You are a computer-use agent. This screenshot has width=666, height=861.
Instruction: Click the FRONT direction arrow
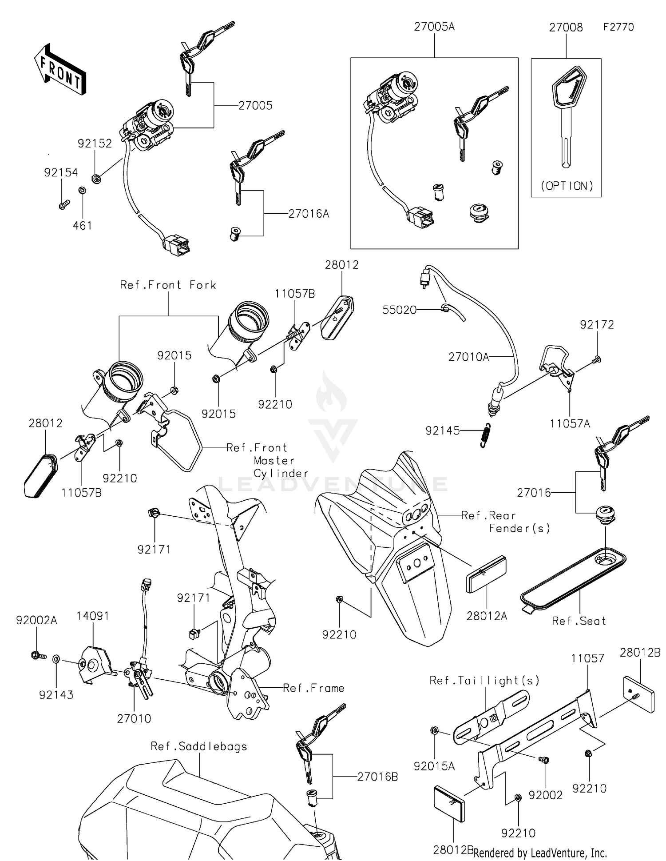tap(59, 70)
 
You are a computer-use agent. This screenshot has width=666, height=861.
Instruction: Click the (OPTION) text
tap(567, 186)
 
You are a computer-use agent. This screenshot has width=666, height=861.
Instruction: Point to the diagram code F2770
tap(618, 27)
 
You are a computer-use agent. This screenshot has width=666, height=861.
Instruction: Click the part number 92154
tap(61, 173)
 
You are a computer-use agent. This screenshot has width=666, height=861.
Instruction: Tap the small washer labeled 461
tap(82, 191)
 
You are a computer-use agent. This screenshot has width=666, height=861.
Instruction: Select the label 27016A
tap(309, 214)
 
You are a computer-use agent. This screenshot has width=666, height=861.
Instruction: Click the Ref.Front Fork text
tap(168, 285)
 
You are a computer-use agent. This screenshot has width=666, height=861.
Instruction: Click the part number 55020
tap(399, 310)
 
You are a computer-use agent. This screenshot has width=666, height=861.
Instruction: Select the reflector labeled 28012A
tap(486, 574)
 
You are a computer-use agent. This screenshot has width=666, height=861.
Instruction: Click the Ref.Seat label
tap(579, 621)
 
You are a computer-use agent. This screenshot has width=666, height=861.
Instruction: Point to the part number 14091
tap(92, 616)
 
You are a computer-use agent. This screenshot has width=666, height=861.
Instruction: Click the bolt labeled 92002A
tap(37, 655)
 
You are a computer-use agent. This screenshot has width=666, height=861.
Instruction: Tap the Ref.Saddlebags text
tap(199, 746)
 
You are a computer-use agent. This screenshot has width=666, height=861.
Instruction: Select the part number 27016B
tap(377, 777)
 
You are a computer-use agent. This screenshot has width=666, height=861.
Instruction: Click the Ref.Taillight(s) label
tap(484, 681)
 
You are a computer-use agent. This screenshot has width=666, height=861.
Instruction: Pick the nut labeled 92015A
tap(435, 730)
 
